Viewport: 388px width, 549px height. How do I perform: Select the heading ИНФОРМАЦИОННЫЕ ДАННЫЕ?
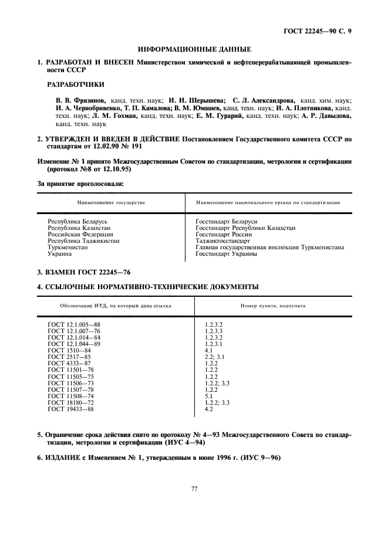(194, 49)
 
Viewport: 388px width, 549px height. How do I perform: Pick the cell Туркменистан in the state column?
(68, 248)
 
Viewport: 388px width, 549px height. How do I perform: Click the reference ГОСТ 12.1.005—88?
(74, 324)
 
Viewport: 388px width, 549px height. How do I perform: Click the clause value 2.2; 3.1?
(214, 357)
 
